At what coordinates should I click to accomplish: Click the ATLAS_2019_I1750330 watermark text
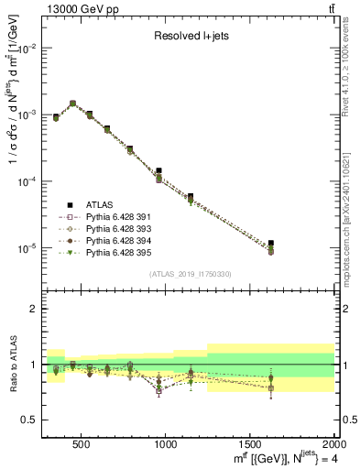(x=190, y=273)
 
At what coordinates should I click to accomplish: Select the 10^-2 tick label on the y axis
(x=26, y=49)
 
